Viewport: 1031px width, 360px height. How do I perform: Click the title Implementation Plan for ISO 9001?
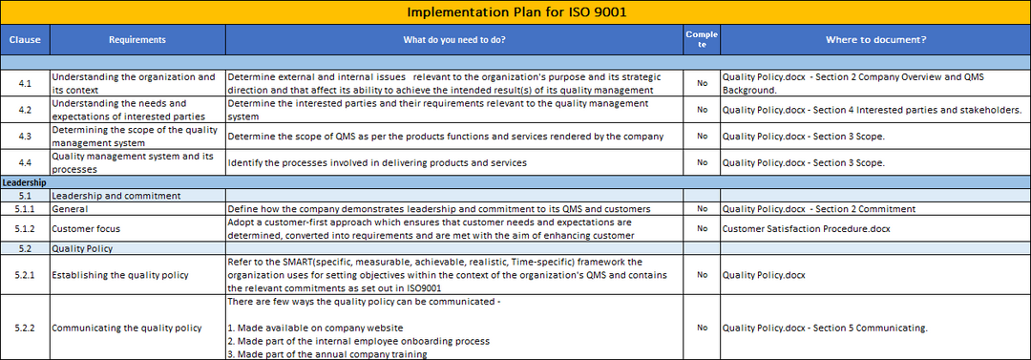pyautogui.click(x=515, y=12)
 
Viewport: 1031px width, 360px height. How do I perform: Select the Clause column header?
pyautogui.click(x=25, y=39)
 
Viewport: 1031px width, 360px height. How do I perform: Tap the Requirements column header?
pyautogui.click(x=137, y=39)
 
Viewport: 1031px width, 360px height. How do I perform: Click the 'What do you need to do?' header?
pyautogui.click(x=454, y=39)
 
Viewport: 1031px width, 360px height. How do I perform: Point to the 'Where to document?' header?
pyautogui.click(x=875, y=39)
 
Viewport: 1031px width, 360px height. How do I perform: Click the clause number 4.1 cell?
pyautogui.click(x=25, y=84)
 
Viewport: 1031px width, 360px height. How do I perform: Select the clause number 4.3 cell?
pyautogui.click(x=25, y=137)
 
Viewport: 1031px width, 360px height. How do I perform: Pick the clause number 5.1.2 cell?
pyautogui.click(x=25, y=229)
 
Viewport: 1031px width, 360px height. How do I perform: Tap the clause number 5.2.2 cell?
pyautogui.click(x=25, y=328)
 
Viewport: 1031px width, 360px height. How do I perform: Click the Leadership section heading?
pyautogui.click(x=24, y=182)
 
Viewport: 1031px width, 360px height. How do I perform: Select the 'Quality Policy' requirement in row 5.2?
pyautogui.click(x=82, y=249)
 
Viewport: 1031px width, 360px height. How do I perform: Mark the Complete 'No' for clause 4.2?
pyautogui.click(x=703, y=110)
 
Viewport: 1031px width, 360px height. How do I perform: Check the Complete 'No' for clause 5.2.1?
pyautogui.click(x=703, y=275)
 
